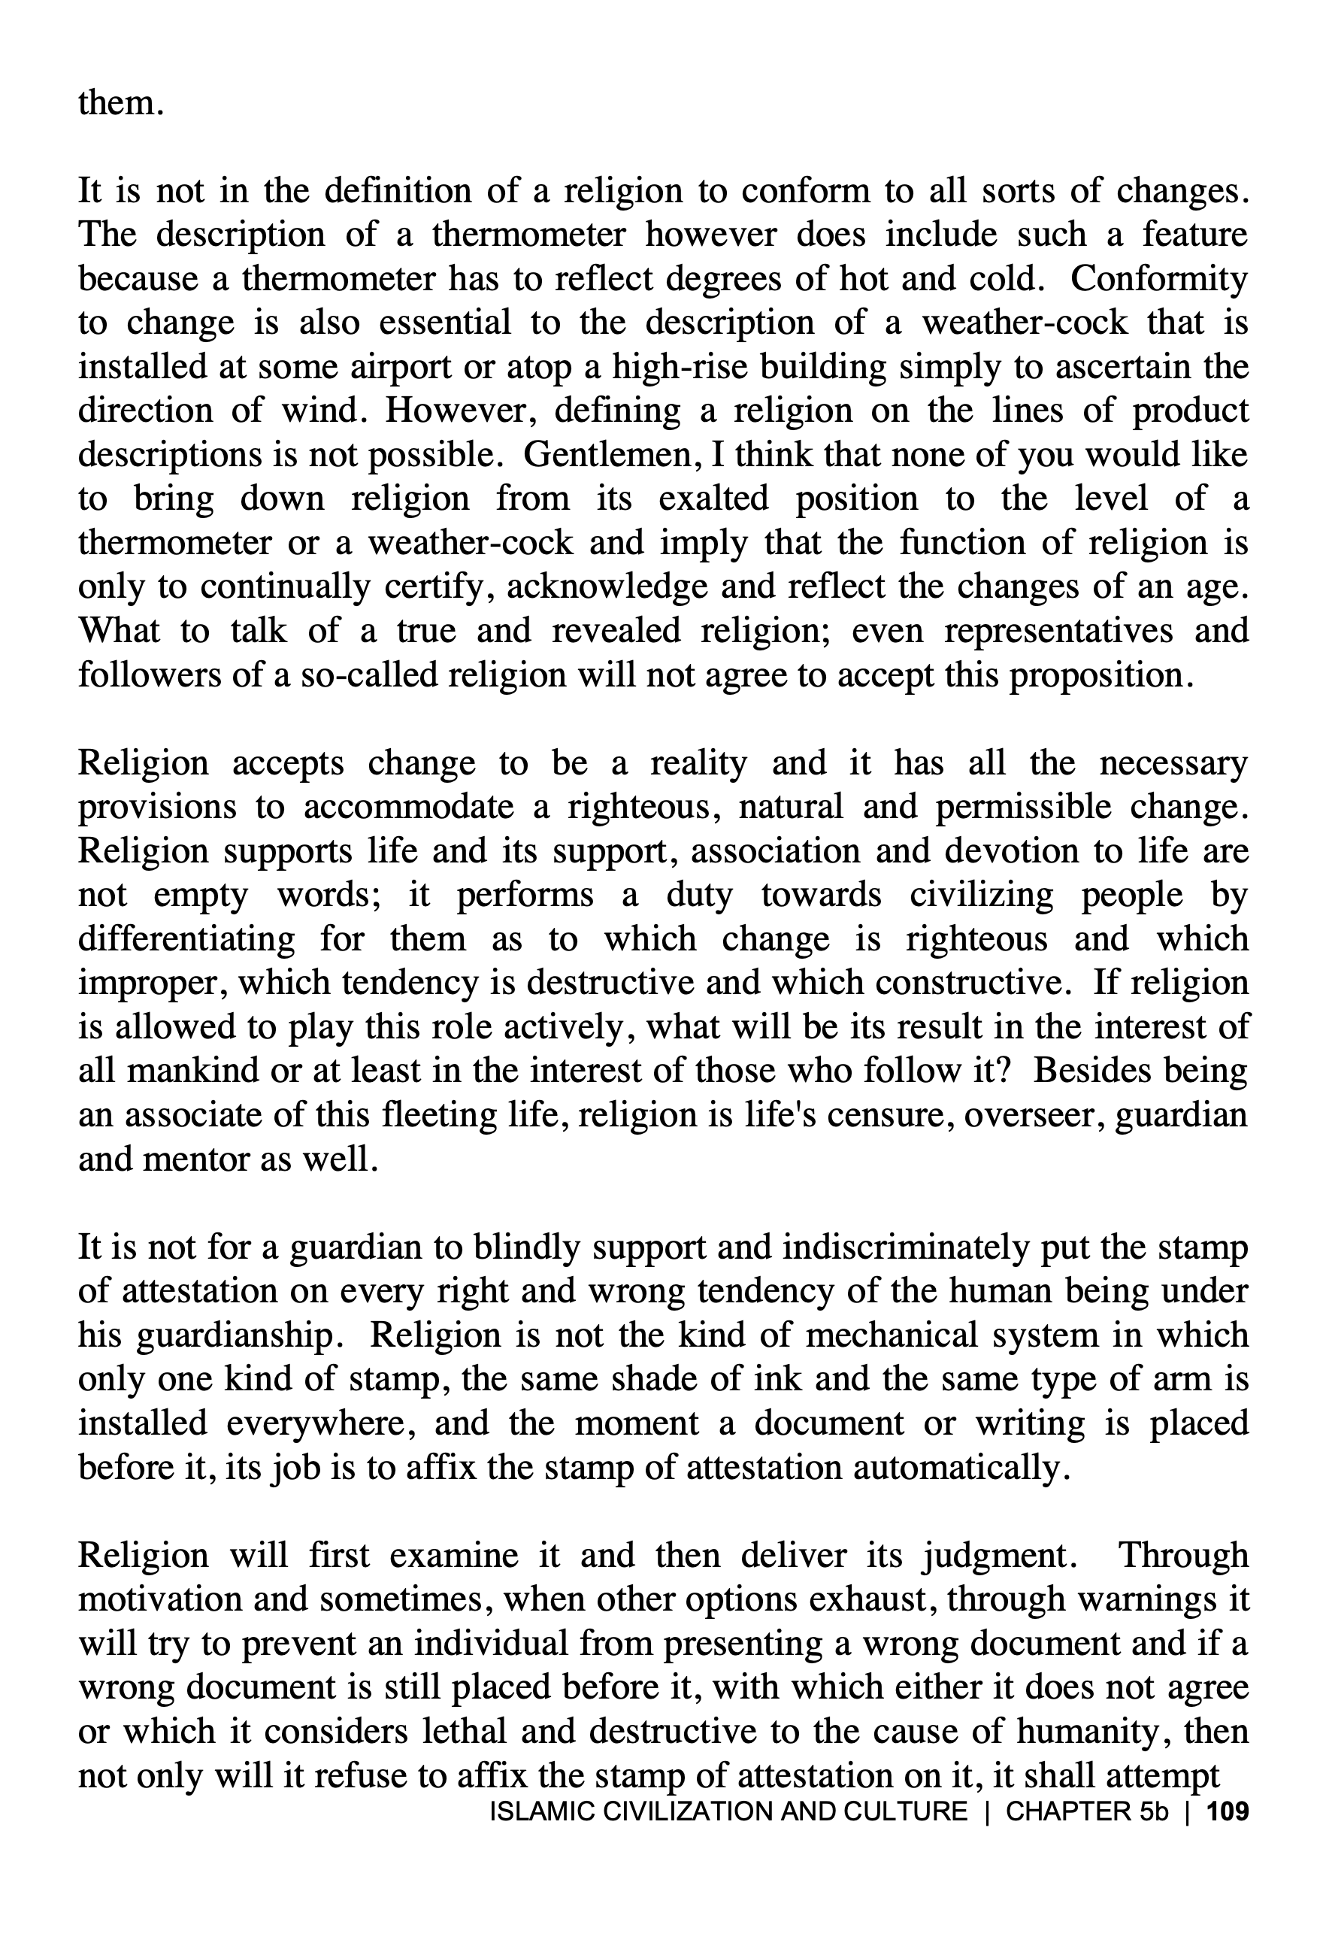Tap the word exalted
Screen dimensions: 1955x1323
tap(713, 499)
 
